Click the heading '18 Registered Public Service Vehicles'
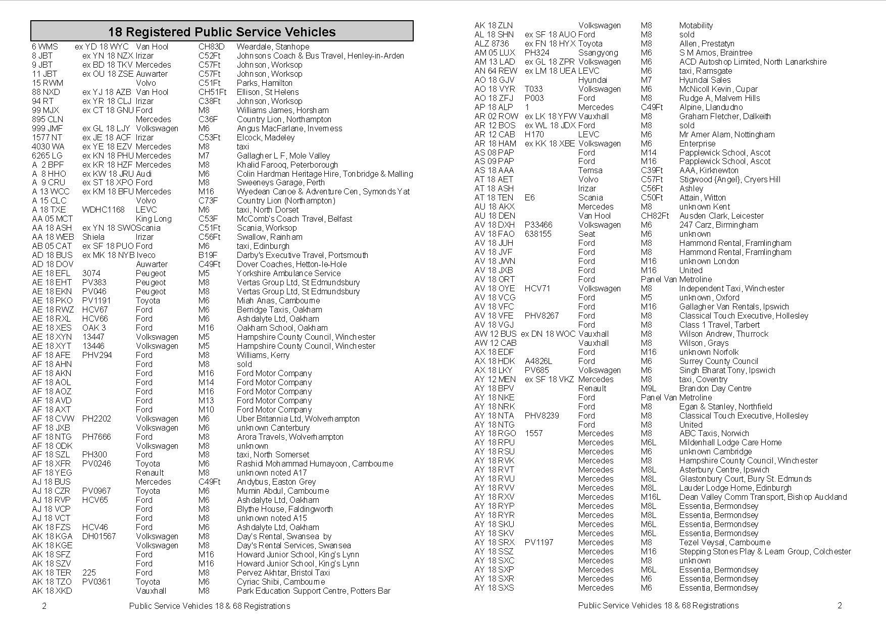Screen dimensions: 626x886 tap(222, 32)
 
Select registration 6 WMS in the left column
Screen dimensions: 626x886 tap(45, 46)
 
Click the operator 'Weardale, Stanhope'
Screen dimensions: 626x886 tap(273, 46)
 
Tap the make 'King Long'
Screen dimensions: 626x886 tap(154, 219)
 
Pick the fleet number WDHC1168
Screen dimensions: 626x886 tap(103, 210)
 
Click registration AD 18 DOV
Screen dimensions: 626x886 tap(53, 264)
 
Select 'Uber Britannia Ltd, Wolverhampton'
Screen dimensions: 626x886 tap(298, 419)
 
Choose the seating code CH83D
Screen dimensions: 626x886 tap(211, 46)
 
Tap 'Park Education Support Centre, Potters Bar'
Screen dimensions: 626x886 tap(313, 591)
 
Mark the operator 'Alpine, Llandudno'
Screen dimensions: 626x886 tap(711, 107)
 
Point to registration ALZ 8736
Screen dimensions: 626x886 tap(491, 43)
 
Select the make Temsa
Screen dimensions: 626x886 tap(590, 170)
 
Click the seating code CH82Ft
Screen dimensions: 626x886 tap(655, 216)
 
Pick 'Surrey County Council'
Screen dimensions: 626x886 tap(718, 361)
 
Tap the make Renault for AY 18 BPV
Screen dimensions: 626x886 tap(592, 388)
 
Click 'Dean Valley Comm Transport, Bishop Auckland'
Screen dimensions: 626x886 tap(763, 497)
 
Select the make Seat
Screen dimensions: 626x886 tap(586, 234)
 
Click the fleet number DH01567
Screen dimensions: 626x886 tap(99, 536)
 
